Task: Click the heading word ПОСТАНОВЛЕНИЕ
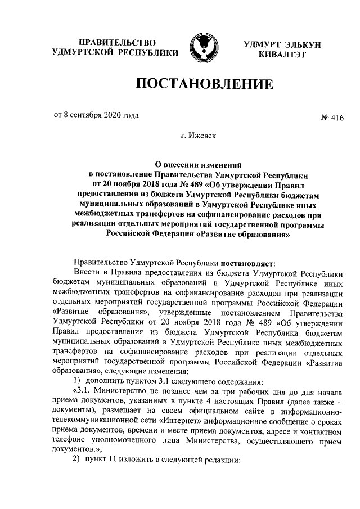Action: (203, 85)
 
